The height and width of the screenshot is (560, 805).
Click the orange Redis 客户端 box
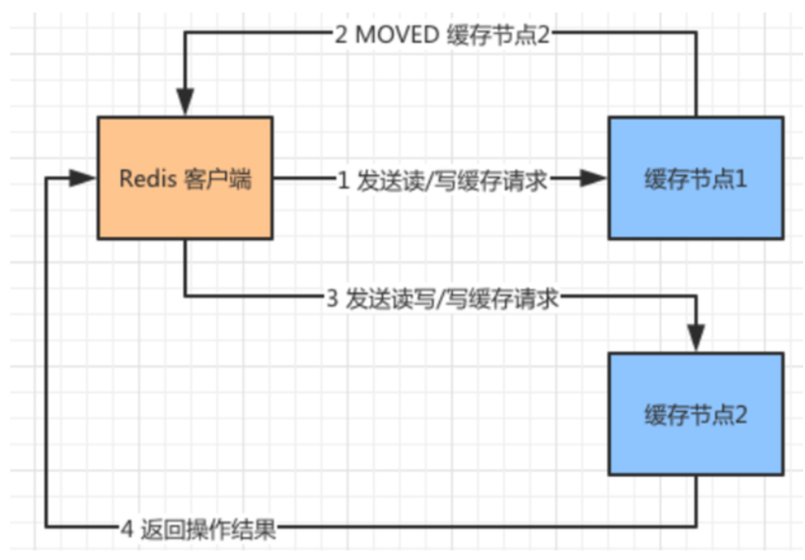pos(185,178)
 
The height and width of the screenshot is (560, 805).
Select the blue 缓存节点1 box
pos(696,178)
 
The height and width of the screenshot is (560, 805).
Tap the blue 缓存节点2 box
pos(696,414)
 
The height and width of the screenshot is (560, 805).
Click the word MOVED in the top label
pos(397,35)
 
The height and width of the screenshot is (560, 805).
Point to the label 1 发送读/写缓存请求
pos(443,180)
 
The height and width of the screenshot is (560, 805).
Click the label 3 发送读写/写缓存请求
pos(443,299)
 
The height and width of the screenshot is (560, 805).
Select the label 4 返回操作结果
pos(198,530)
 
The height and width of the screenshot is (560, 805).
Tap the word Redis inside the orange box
pos(148,179)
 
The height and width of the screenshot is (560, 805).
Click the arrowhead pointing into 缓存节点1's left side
pos(593,178)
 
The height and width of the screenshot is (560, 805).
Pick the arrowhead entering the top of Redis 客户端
pos(185,102)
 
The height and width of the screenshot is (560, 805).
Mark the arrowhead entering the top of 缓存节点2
pos(696,338)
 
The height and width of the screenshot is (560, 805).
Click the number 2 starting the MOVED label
pos(341,35)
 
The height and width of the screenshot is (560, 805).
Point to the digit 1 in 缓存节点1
pos(741,179)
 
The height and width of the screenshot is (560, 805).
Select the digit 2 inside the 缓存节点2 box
pos(741,415)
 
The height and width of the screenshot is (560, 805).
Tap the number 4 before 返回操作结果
pos(127,530)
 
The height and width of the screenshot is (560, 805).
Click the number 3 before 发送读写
pos(333,299)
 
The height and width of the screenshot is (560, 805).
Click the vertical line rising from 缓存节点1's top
pos(696,74)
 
